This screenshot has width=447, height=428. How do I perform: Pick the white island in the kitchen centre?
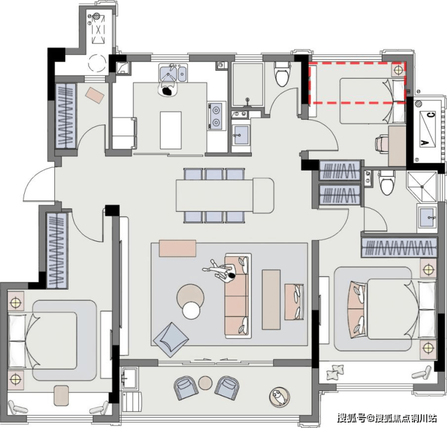click(x=171, y=130)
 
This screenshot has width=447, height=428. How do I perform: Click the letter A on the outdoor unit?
click(x=425, y=142)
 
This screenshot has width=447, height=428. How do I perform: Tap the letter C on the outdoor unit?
click(x=431, y=115)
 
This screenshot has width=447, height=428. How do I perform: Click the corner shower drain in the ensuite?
click(x=422, y=186)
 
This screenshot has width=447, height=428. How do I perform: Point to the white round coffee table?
click(x=191, y=311)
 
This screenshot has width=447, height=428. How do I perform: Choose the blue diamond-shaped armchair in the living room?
click(x=171, y=340)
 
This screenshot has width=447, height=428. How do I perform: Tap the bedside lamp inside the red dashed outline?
click(x=398, y=69)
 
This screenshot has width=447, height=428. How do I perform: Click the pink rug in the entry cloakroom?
click(x=94, y=96)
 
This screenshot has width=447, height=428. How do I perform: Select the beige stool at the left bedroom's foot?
click(x=61, y=395)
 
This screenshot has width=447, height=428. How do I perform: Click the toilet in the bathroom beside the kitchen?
click(x=282, y=74)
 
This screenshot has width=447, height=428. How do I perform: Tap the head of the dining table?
click(x=263, y=195)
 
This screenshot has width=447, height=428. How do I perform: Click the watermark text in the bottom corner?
click(x=387, y=418)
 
